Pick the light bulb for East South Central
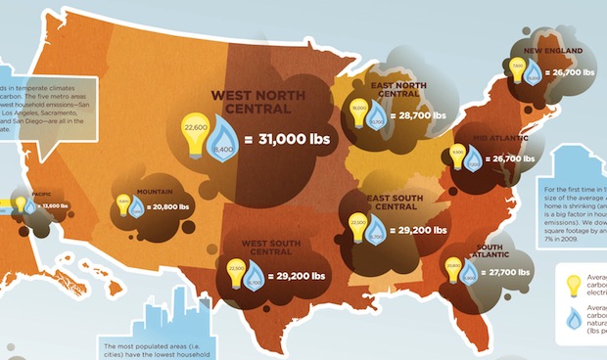(358, 230)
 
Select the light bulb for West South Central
(236, 271)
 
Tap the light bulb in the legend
(574, 285)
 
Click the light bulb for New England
(517, 70)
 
